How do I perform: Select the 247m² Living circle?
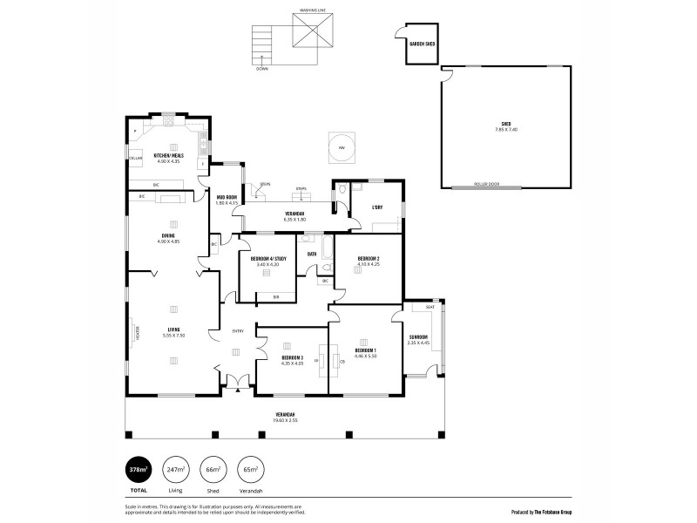point(177,470)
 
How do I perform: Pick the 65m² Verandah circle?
point(251,470)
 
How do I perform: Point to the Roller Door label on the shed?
point(485,184)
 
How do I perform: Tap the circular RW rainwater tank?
point(342,146)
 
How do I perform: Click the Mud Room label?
point(227,197)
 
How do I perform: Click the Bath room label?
point(312,253)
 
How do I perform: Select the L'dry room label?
point(377,207)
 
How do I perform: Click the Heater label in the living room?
point(135,332)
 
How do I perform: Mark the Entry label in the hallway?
point(237,330)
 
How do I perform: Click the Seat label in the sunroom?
point(430,307)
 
